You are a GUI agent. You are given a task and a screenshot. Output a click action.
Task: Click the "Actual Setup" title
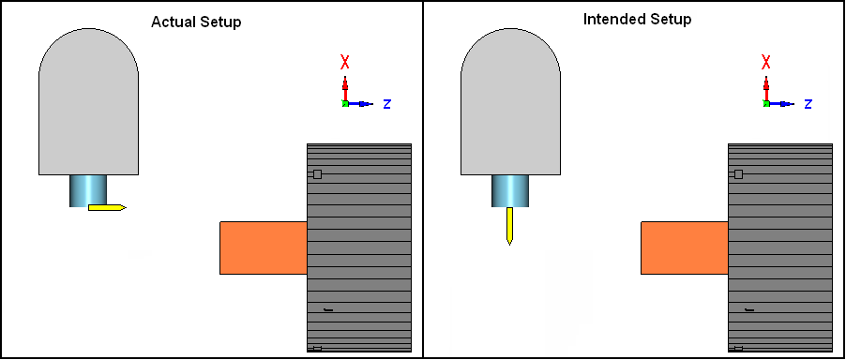click(x=196, y=22)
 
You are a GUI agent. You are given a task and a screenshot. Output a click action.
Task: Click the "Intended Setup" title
click(x=637, y=20)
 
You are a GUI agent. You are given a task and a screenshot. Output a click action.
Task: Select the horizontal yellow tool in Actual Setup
click(x=107, y=207)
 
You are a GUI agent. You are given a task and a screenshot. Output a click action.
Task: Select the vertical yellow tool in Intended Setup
click(x=509, y=226)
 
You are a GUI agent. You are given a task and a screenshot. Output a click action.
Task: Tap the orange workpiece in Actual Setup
click(x=264, y=247)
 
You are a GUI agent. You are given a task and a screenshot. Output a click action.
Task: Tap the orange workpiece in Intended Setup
click(x=685, y=247)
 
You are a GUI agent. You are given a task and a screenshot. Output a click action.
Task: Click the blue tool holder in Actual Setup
click(x=88, y=190)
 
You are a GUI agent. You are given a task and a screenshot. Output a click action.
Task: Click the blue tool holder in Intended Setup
click(x=510, y=190)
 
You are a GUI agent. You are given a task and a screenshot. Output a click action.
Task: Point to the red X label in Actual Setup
click(x=345, y=63)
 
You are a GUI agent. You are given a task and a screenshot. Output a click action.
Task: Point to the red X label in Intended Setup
click(x=766, y=63)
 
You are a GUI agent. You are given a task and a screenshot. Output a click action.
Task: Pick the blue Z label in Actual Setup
click(x=386, y=104)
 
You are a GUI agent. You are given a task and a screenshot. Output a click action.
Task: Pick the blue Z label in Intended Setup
click(x=808, y=104)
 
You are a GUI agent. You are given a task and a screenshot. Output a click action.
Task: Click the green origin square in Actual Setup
click(x=345, y=103)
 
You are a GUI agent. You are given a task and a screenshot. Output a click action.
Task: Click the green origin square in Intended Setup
click(x=766, y=103)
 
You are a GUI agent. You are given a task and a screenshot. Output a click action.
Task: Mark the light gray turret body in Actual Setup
click(x=88, y=102)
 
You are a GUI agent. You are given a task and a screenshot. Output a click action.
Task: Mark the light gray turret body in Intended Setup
click(x=510, y=102)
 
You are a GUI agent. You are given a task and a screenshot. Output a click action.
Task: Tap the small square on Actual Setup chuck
click(x=317, y=174)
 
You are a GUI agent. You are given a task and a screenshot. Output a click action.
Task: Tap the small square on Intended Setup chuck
click(x=739, y=174)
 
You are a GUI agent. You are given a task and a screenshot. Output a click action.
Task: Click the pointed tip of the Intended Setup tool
click(x=509, y=246)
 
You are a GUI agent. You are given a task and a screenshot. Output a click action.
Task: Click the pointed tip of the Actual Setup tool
click(x=127, y=207)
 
